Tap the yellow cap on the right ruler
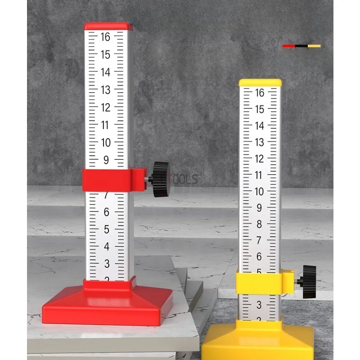coord(260,83)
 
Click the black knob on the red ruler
coord(161,179)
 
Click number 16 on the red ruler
coord(105,37)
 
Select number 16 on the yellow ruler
coord(259,93)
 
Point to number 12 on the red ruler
coord(105,108)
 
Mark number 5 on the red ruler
coord(106,229)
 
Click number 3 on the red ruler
coord(106,264)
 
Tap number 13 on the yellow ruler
coord(259,142)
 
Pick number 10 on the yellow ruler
coord(259,191)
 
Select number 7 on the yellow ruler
coord(259,240)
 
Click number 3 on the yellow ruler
coord(259,305)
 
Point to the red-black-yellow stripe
coord(301,46)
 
